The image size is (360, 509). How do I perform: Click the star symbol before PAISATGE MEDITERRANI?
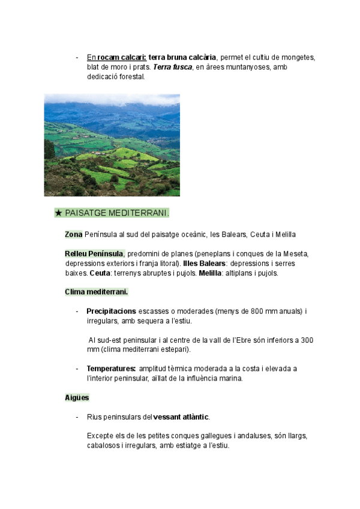(x=58, y=212)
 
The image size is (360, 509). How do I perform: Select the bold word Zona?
(x=74, y=234)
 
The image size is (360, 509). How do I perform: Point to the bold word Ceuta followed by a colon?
(x=100, y=273)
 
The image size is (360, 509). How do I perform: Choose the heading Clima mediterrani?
(x=96, y=292)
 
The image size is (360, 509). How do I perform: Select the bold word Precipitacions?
(x=112, y=312)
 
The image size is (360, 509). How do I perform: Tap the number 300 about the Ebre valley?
(x=305, y=340)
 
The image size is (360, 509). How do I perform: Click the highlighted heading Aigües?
(x=77, y=397)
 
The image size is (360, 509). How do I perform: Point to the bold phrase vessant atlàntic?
(x=181, y=417)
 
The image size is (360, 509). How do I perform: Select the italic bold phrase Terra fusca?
(x=173, y=67)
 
